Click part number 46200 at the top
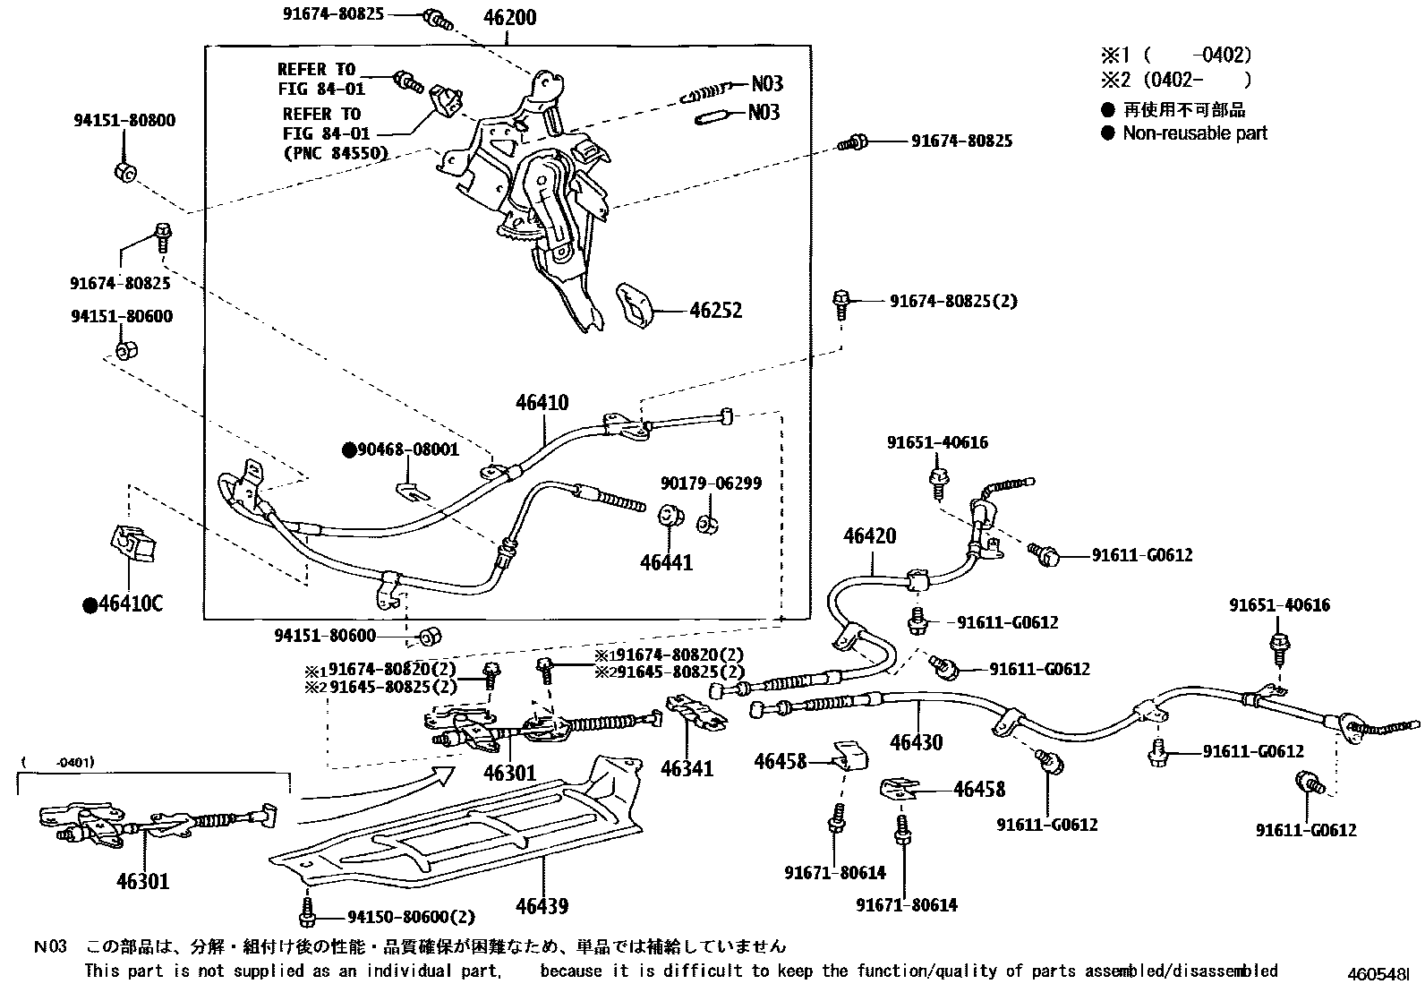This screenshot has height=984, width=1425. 509,17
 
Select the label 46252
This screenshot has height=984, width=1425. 715,311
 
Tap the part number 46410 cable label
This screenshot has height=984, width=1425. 542,403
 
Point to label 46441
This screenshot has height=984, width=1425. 666,562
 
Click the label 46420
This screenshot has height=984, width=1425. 869,536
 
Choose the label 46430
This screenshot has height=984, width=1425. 916,741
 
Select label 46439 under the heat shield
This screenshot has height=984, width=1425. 542,906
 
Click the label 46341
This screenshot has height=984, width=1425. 687,767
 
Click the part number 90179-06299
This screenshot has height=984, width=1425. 712,483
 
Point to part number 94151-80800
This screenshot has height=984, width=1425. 124,120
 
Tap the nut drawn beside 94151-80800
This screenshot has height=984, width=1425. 125,171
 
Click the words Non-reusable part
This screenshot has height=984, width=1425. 1195,133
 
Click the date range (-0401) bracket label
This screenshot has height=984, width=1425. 59,762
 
